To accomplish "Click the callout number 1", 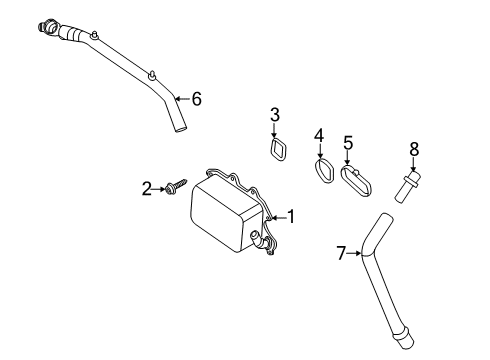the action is [291, 217].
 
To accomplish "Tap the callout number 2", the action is [147, 189].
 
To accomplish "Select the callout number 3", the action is [275, 115].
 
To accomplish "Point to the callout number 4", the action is [319, 136].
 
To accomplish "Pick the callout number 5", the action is [348, 143].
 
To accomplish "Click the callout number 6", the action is [197, 99].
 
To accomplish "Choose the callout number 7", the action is [341, 253].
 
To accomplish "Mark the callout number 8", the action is [414, 149].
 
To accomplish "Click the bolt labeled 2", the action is [176, 186].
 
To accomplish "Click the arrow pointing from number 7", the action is [353, 253].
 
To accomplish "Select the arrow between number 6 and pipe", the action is [182, 99].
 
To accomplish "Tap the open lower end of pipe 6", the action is [181, 129].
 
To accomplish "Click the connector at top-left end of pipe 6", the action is [48, 28].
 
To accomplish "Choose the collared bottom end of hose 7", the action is [405, 338].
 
